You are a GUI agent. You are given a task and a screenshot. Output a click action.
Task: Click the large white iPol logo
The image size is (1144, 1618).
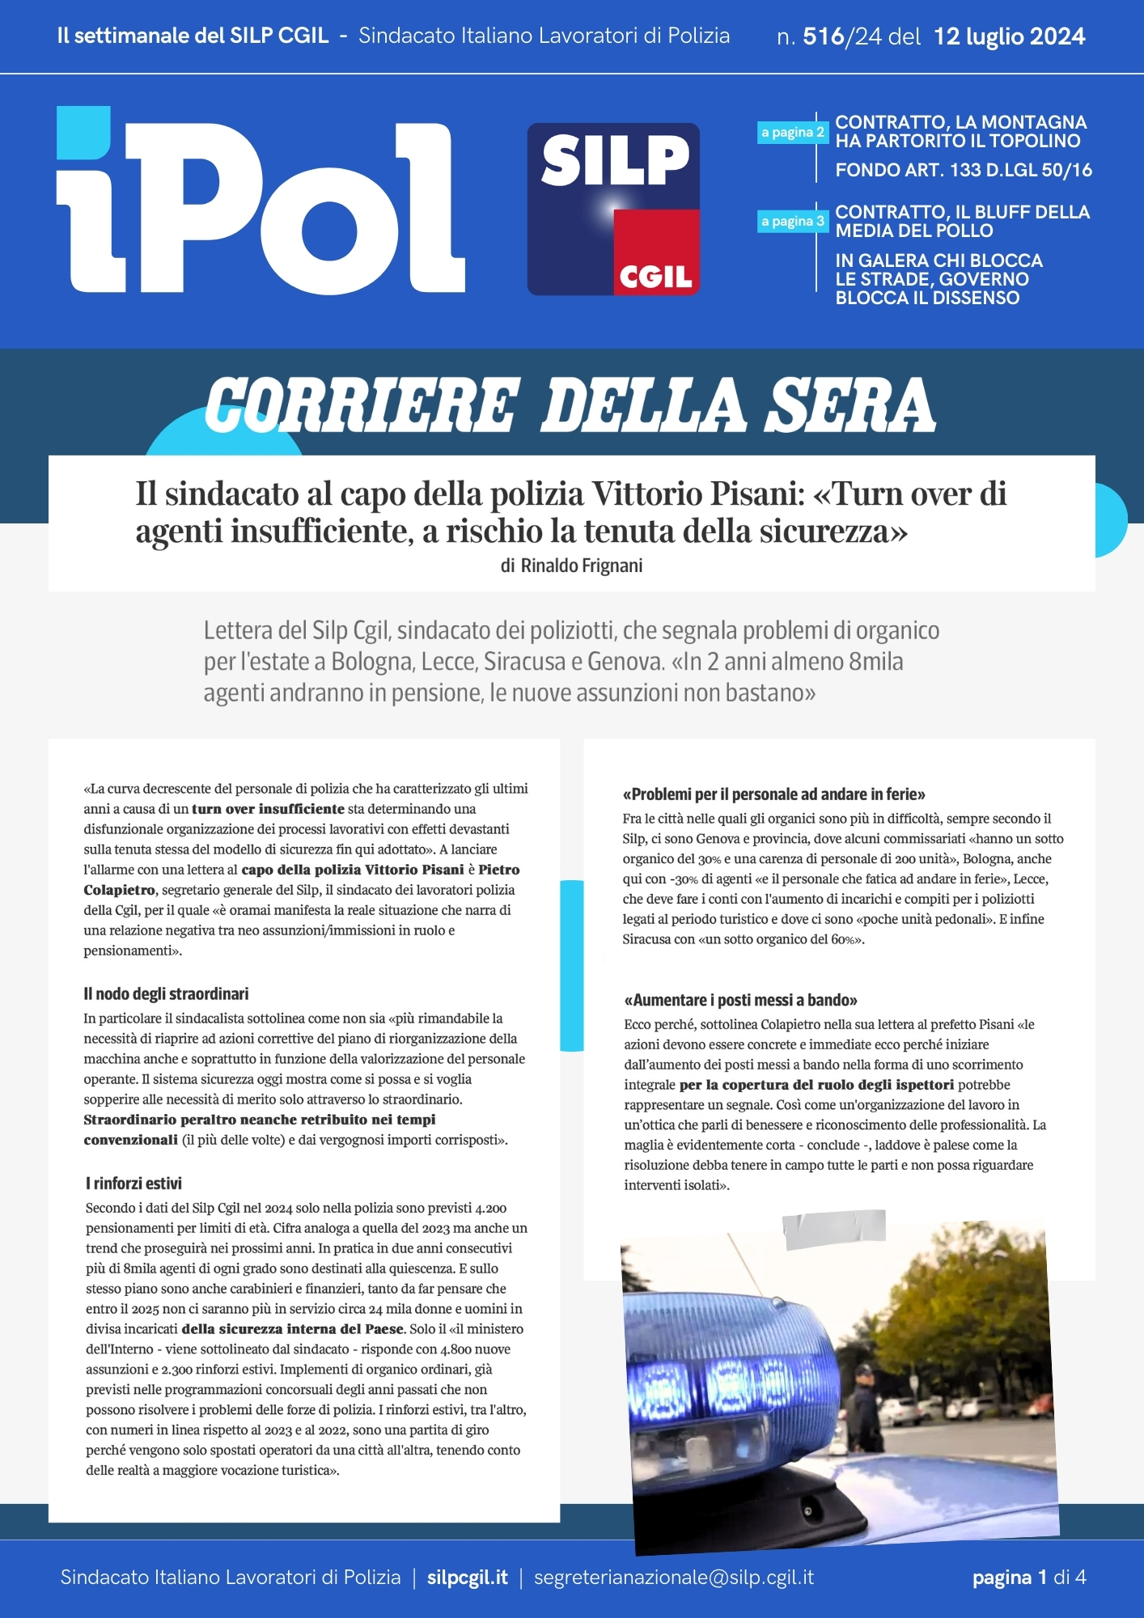point(259,202)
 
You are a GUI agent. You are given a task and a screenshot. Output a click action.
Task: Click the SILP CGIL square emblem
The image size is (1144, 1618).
point(613,209)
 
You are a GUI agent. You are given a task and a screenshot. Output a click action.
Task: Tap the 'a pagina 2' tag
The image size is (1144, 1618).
point(792,132)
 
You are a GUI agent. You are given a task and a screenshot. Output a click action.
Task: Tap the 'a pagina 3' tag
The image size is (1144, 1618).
point(792,221)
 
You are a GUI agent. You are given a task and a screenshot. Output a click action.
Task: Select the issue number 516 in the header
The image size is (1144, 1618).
point(823,36)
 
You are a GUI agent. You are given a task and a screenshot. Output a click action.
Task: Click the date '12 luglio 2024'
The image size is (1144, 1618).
point(1009,36)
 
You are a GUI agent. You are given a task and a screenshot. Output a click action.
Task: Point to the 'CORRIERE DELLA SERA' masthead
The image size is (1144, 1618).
point(570,404)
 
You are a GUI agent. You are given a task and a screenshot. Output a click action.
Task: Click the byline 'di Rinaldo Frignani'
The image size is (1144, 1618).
point(571,565)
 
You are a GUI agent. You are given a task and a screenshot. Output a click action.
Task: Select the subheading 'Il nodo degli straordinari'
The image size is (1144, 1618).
point(166,993)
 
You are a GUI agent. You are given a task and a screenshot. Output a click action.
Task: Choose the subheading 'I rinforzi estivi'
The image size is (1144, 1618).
point(133,1184)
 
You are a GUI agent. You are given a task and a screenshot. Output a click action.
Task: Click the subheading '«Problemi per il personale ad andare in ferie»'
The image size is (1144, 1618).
point(773,794)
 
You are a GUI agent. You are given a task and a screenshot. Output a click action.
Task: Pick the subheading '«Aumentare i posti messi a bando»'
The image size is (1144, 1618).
point(740,1000)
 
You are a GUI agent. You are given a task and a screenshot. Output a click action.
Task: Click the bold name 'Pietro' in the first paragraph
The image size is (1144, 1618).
point(498,870)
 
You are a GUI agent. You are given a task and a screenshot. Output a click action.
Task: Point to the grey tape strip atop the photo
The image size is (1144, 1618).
point(833,1228)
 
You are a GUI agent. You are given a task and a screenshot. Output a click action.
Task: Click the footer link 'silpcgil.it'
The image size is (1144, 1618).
point(467,1577)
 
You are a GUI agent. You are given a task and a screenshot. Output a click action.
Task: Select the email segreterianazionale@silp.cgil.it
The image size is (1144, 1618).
point(673,1577)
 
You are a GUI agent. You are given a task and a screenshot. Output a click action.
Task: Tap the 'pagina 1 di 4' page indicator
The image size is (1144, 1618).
point(1028,1577)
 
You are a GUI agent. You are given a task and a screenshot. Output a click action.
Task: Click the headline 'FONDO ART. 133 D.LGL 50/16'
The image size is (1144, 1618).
point(963,170)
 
